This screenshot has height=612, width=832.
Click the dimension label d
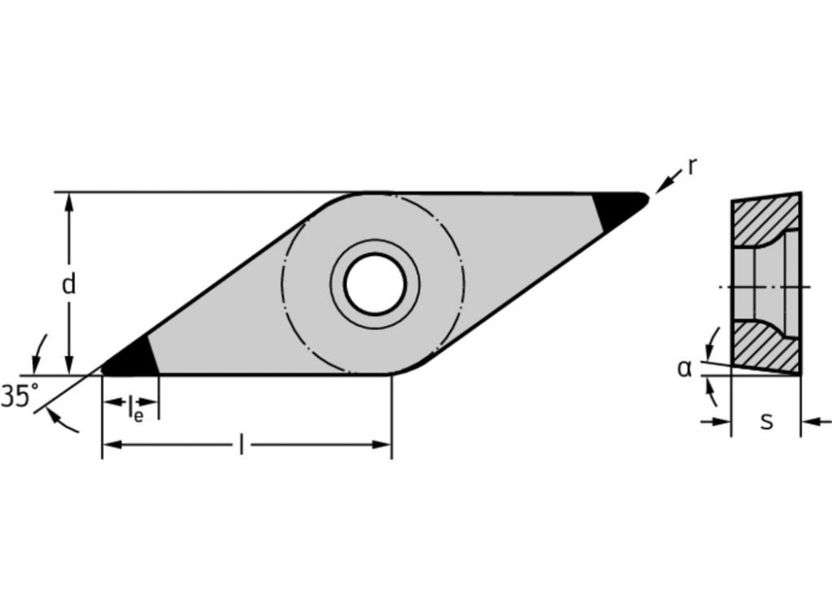[x=69, y=284]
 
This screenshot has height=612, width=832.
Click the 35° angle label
[x=18, y=397]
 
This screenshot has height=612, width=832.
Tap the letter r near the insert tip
[x=691, y=166]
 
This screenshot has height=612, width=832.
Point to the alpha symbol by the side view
[x=684, y=368]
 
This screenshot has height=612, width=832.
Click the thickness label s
[x=766, y=421]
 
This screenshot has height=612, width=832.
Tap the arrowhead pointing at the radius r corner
[x=661, y=188]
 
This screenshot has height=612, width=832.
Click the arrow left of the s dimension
[x=722, y=422]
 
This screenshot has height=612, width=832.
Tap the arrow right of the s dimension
[x=812, y=422]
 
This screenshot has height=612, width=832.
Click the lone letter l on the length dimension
[x=241, y=446]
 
